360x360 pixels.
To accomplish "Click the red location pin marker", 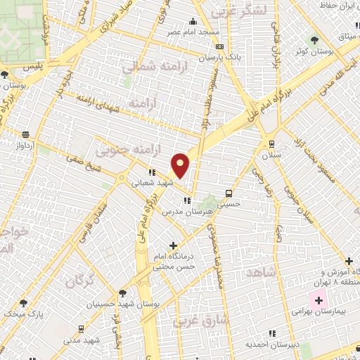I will pyautogui.click(x=181, y=165).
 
